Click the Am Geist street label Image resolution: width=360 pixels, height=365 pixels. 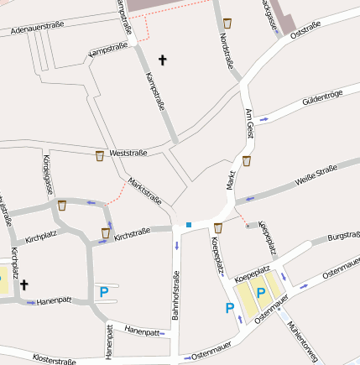coord(249,123)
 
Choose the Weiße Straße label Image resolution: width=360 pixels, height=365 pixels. coord(316,175)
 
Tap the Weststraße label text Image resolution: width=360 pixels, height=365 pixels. coord(128,153)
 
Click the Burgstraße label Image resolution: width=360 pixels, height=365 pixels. coord(343,237)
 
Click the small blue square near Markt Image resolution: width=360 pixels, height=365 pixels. coord(189,224)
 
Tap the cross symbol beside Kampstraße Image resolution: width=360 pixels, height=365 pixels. coord(162,60)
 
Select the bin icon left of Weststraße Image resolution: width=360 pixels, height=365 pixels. coord(100,155)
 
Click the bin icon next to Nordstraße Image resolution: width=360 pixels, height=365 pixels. coord(227,22)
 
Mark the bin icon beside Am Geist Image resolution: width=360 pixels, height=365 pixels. coord(246,159)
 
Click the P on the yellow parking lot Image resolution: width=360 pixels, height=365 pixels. coord(261,294)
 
